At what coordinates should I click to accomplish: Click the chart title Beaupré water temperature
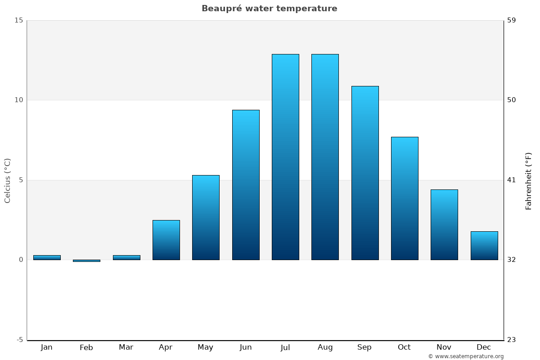click(x=269, y=9)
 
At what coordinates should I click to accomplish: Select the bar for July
click(x=285, y=157)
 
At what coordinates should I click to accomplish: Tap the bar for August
click(x=325, y=157)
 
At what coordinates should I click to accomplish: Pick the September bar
click(x=364, y=173)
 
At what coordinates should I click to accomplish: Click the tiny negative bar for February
click(x=86, y=261)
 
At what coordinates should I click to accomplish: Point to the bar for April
click(x=166, y=240)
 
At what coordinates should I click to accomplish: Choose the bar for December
click(x=484, y=246)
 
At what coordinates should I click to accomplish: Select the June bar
click(x=246, y=185)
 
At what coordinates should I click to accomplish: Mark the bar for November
click(x=444, y=225)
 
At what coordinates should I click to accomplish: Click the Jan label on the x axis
click(x=46, y=347)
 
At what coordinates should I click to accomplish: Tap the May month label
click(x=206, y=347)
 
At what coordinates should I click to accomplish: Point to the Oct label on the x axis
click(x=404, y=347)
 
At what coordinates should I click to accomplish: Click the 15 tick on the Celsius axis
click(x=18, y=20)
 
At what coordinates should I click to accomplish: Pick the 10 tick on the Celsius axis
click(x=18, y=100)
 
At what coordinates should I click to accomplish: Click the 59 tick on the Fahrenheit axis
click(x=511, y=20)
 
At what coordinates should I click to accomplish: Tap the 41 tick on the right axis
click(x=511, y=180)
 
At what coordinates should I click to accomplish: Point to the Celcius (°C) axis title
click(x=8, y=180)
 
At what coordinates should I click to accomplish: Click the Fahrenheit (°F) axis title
click(x=529, y=181)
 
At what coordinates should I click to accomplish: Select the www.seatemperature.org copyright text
click(x=466, y=356)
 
